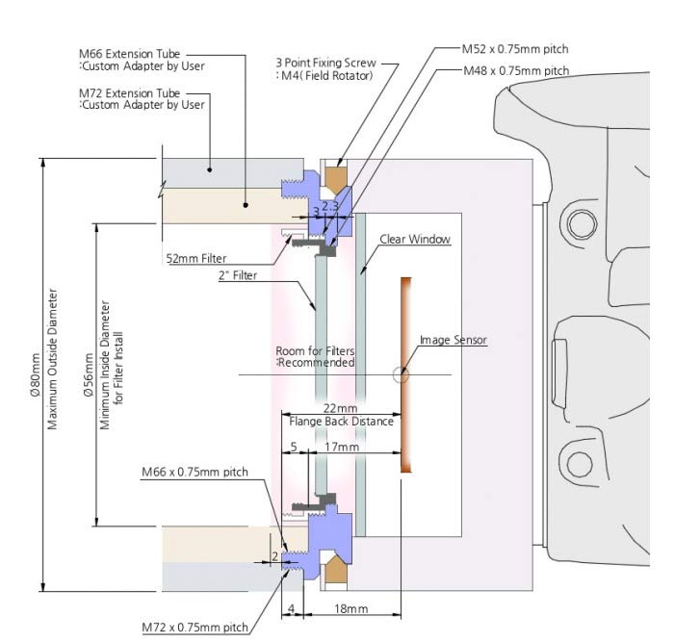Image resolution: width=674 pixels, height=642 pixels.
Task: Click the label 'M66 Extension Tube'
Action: pos(129,54)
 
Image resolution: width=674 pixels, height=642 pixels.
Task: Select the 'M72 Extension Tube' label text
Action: pos(129,93)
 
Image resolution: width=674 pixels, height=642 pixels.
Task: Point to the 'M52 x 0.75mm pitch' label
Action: pos(515,48)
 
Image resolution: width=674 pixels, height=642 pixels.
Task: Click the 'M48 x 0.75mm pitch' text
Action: pos(515,71)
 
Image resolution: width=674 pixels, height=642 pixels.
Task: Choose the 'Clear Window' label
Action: pos(416,239)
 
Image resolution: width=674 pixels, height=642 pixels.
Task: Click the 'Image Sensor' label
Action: pos(452,340)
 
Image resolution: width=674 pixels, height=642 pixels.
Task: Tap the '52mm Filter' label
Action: pos(197,257)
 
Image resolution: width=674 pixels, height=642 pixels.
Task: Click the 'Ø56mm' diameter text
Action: pos(90,371)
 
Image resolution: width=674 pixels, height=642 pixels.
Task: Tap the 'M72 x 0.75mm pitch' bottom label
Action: pos(194,629)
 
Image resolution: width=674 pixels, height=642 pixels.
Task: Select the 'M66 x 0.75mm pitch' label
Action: pos(194,472)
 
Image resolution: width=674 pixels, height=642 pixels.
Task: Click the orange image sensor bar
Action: pos(406,374)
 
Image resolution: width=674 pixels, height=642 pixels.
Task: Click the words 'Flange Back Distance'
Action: pos(342,422)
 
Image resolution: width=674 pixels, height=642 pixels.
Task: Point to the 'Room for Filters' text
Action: pos(315,351)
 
